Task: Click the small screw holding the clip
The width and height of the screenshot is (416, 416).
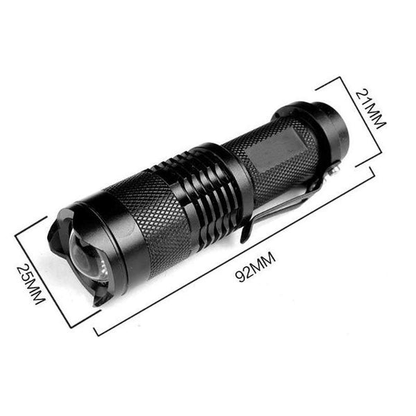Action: [x=336, y=168]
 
